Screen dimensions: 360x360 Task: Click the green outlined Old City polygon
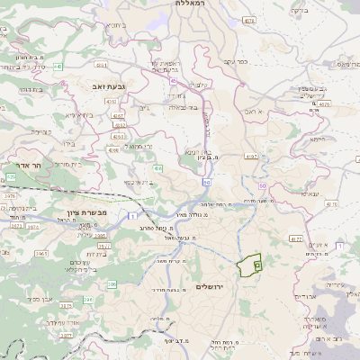pos(249,265)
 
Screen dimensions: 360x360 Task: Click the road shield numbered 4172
pos(295,238)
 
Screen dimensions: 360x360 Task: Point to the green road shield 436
pos(158,168)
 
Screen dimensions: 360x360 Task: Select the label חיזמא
pos(317,139)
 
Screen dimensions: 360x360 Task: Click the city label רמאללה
pos(185,4)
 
